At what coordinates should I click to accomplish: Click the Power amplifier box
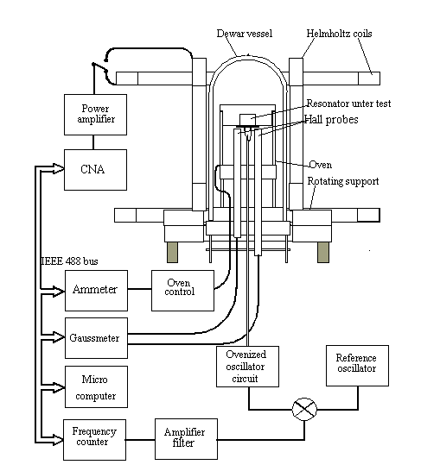pyautogui.click(x=95, y=115)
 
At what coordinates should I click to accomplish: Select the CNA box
pyautogui.click(x=95, y=170)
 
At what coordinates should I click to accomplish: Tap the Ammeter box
pyautogui.click(x=96, y=291)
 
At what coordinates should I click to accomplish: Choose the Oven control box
pyautogui.click(x=182, y=291)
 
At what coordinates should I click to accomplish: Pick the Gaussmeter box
pyautogui.click(x=96, y=338)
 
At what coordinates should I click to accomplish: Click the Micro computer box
pyautogui.click(x=96, y=386)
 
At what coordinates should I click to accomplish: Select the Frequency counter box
pyautogui.click(x=94, y=440)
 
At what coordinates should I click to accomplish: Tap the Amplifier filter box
pyautogui.click(x=186, y=439)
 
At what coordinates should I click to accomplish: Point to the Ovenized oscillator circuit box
pyautogui.click(x=247, y=367)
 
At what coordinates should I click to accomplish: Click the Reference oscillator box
pyautogui.click(x=358, y=366)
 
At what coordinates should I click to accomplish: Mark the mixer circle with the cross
pyautogui.click(x=304, y=409)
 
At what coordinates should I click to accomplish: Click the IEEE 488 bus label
pyautogui.click(x=69, y=261)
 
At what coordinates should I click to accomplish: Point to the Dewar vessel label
pyautogui.click(x=245, y=34)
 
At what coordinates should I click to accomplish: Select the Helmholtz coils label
pyautogui.click(x=339, y=34)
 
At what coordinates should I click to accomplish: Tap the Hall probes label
pyautogui.click(x=331, y=120)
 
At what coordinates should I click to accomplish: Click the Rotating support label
pyautogui.click(x=343, y=181)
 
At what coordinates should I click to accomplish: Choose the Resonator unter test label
pyautogui.click(x=348, y=104)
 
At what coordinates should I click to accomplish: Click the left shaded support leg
pyautogui.click(x=172, y=252)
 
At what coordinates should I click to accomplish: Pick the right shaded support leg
pyautogui.click(x=323, y=252)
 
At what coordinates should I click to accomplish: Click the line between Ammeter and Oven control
pyautogui.click(x=140, y=289)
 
